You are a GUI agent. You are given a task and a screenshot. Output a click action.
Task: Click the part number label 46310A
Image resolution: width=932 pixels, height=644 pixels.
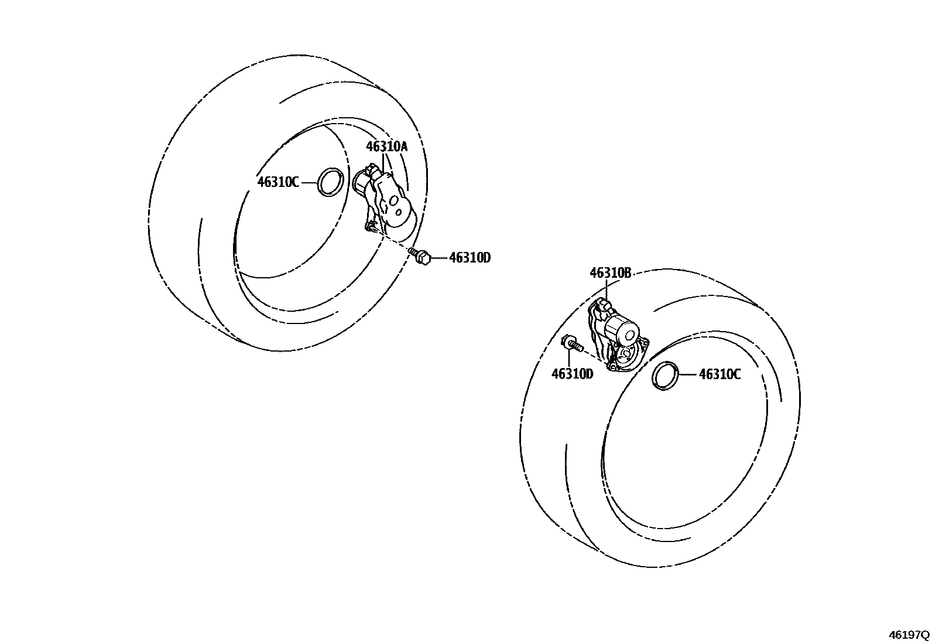[386, 146]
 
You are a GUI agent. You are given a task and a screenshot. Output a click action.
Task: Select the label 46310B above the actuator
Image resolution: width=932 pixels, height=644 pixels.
[610, 272]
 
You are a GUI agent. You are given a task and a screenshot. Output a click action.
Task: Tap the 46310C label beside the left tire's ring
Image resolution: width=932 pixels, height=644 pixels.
[278, 182]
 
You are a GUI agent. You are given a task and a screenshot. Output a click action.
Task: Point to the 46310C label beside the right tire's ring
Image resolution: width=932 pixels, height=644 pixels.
[719, 374]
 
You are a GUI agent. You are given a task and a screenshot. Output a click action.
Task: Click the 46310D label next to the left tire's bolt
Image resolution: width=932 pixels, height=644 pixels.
[470, 257]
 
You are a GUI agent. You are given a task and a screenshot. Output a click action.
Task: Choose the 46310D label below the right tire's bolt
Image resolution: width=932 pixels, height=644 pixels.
[572, 374]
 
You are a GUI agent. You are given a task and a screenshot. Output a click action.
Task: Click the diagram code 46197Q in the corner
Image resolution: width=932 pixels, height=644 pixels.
[909, 635]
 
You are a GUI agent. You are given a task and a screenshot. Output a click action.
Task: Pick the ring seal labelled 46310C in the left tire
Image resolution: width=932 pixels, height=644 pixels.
[330, 182]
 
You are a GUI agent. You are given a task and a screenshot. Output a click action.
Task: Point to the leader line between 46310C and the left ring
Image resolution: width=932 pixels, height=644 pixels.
[309, 182]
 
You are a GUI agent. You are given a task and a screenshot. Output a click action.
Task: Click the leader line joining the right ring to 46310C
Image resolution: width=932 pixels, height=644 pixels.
[688, 374]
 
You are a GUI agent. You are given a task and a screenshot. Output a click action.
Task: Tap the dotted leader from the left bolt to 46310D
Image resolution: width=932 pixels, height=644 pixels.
[440, 257]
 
